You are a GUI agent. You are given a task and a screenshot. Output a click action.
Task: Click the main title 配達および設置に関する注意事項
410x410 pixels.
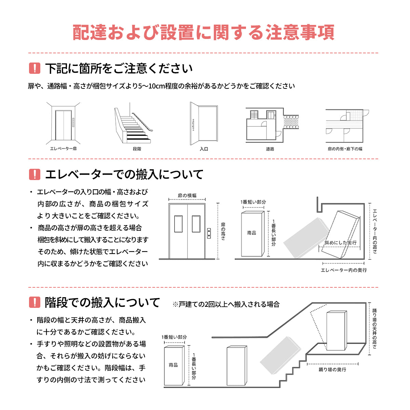pyautogui.click(x=204, y=32)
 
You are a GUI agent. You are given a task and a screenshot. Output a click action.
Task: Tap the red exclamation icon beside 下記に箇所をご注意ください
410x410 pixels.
pyautogui.click(x=35, y=68)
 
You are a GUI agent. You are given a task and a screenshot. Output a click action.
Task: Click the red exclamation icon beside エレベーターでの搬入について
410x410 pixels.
pyautogui.click(x=35, y=174)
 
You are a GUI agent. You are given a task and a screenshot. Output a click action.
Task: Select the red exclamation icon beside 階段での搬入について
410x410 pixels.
pyautogui.click(x=35, y=302)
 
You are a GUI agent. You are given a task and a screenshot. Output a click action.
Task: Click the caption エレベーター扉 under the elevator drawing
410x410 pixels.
pyautogui.click(x=63, y=149)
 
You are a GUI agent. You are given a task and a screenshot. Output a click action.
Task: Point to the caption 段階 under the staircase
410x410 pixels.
pyautogui.click(x=137, y=149)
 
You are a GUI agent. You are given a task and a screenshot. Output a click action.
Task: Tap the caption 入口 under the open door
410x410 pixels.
pyautogui.click(x=204, y=149)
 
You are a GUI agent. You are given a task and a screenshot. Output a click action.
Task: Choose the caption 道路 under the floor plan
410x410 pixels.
pyautogui.click(x=270, y=149)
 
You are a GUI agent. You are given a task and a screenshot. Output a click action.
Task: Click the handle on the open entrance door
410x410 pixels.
pyautogui.click(x=193, y=125)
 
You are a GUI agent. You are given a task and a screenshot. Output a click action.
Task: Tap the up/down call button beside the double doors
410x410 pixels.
pyautogui.click(x=209, y=234)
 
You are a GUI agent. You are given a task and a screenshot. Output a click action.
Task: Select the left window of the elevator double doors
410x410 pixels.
pyautogui.click(x=179, y=224)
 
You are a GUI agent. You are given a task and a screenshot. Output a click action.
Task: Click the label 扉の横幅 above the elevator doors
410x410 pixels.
pyautogui.click(x=187, y=195)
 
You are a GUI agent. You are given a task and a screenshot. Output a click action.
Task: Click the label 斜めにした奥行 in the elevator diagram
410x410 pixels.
pyautogui.click(x=340, y=243)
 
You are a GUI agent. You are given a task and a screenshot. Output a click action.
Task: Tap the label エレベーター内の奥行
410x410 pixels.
pyautogui.click(x=344, y=270)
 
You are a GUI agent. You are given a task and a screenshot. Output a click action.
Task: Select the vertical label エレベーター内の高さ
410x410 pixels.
pyautogui.click(x=375, y=231)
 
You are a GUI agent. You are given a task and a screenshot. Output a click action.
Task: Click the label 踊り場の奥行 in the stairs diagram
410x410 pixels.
pyautogui.click(x=332, y=370)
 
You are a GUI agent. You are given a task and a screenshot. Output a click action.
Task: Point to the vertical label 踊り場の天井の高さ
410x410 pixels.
pyautogui.click(x=374, y=328)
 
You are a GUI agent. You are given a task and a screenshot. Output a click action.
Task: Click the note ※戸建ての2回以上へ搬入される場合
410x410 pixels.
pyautogui.click(x=226, y=304)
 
